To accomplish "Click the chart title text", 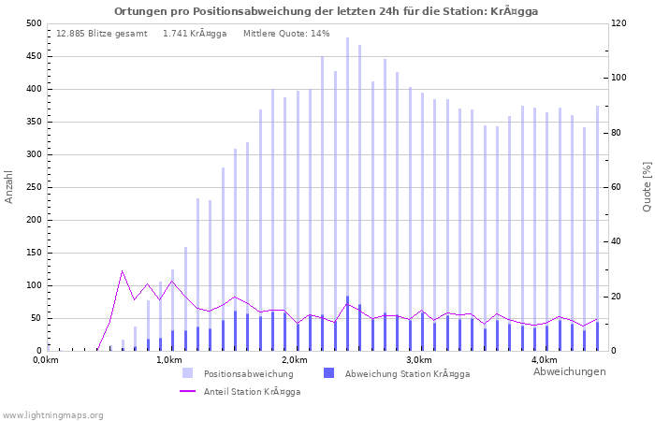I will (x=327, y=11).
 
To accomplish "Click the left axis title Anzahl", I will (x=9, y=187).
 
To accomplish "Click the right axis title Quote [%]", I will (x=646, y=187).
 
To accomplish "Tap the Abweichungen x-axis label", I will (x=569, y=371).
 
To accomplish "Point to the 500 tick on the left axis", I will (x=34, y=23).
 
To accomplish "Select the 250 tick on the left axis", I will (x=34, y=187).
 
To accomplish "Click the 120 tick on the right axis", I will (x=619, y=23).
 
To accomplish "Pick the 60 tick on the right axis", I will (x=618, y=187).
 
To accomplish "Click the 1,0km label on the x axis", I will (x=168, y=360).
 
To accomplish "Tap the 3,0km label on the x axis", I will (x=418, y=360).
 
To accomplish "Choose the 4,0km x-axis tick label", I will (x=544, y=360).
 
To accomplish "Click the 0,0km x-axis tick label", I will (x=45, y=360).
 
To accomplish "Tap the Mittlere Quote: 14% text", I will (x=286, y=34).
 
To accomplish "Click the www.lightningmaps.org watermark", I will (x=53, y=414).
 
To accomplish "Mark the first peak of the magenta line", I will (x=122, y=271).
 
